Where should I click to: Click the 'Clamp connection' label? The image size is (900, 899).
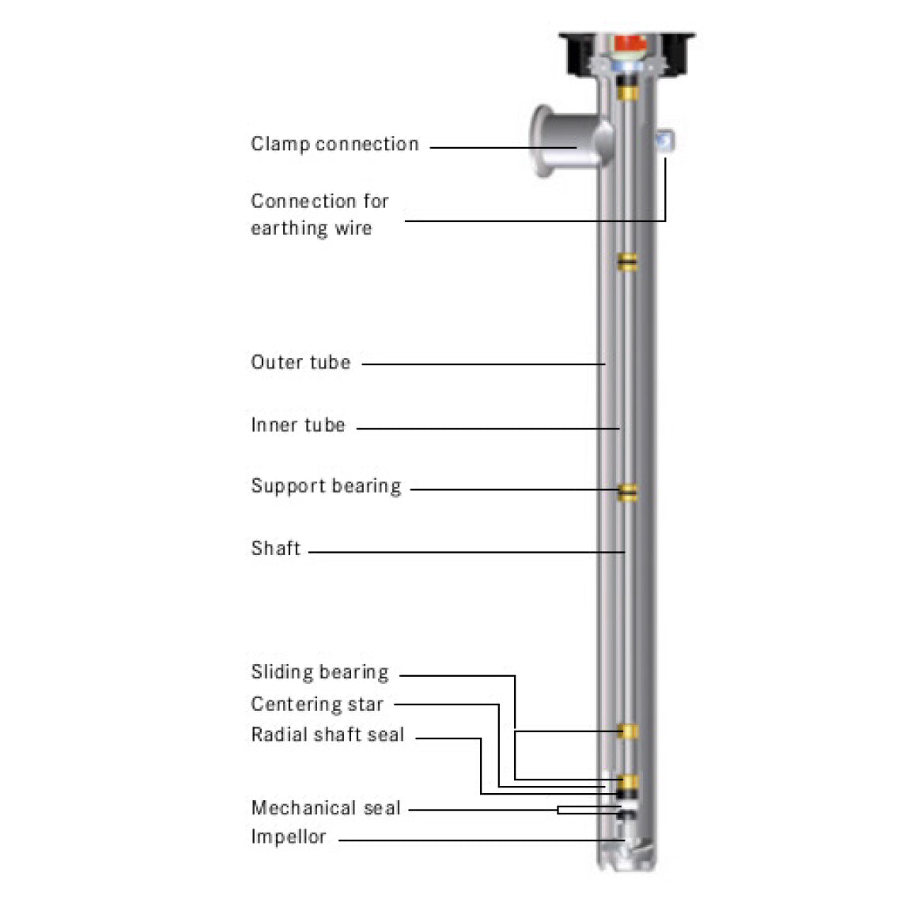(335, 145)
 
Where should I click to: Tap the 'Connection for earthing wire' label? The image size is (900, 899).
(320, 214)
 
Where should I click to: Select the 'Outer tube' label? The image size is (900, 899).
(301, 363)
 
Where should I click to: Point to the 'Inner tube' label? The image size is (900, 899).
(298, 425)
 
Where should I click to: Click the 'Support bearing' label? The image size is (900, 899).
(326, 486)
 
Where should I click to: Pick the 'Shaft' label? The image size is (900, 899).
(276, 549)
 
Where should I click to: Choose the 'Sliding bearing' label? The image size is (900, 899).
(320, 673)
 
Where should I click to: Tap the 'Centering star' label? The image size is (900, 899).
(317, 704)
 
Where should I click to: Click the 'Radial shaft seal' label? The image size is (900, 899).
(327, 735)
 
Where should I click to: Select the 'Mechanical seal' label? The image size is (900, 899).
(326, 808)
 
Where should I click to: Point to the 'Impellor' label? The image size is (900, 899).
(289, 837)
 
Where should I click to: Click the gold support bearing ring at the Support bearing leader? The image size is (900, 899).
(628, 492)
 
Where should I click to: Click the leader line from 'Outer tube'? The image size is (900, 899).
(482, 365)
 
